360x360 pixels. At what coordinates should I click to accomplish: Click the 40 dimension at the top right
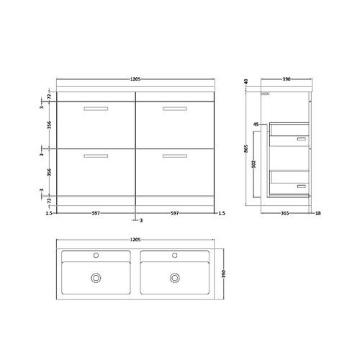coord(246,81)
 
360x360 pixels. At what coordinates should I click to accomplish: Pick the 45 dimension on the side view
coord(256,125)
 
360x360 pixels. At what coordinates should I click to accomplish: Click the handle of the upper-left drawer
coord(96,109)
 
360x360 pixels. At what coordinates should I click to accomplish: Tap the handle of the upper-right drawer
coord(174,109)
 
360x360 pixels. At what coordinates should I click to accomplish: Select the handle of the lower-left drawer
coord(96,156)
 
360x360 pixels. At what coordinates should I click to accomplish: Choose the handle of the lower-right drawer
coord(174,156)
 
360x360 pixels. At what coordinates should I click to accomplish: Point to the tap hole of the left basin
coord(96,255)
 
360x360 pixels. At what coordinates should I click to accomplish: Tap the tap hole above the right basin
coord(174,255)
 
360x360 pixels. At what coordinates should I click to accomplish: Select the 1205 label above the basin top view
coord(135,239)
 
